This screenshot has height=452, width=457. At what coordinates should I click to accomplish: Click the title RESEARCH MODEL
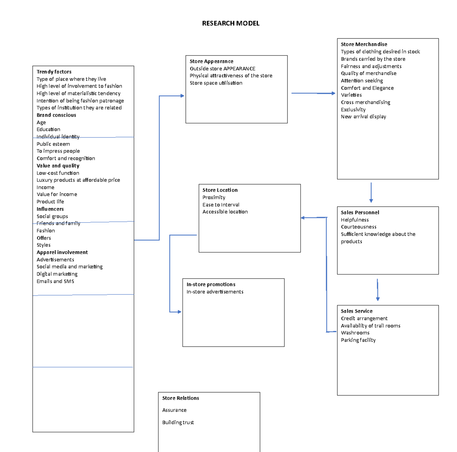[230, 23]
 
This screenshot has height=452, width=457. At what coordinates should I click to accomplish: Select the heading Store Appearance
[211, 61]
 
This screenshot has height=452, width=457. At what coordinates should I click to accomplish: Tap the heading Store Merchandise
[364, 44]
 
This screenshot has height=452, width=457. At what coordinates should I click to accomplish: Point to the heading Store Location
[220, 190]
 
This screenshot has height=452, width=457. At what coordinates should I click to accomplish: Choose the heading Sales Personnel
[360, 212]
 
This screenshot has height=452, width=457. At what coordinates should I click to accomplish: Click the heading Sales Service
[356, 311]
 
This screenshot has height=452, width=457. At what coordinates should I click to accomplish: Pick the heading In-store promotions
[211, 284]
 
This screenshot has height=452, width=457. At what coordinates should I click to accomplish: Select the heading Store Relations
[181, 398]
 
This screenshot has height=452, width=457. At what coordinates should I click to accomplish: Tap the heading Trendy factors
[54, 72]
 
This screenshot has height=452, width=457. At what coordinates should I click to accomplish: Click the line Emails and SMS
[55, 281]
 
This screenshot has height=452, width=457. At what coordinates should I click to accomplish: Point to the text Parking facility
[358, 340]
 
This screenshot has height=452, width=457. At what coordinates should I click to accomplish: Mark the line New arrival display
[363, 117]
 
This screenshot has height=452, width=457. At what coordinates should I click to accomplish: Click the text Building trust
[178, 422]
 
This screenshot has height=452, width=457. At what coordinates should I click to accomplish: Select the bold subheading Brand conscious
[56, 115]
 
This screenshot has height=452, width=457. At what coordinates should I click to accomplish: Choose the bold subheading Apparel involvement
[62, 252]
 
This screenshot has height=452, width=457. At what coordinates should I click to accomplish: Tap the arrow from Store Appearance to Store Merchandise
[313, 93]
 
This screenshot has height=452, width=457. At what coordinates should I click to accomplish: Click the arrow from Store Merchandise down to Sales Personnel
[371, 192]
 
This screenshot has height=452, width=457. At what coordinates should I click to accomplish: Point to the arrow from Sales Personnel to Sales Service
[377, 290]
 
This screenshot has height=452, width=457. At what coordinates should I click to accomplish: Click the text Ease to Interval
[221, 204]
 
